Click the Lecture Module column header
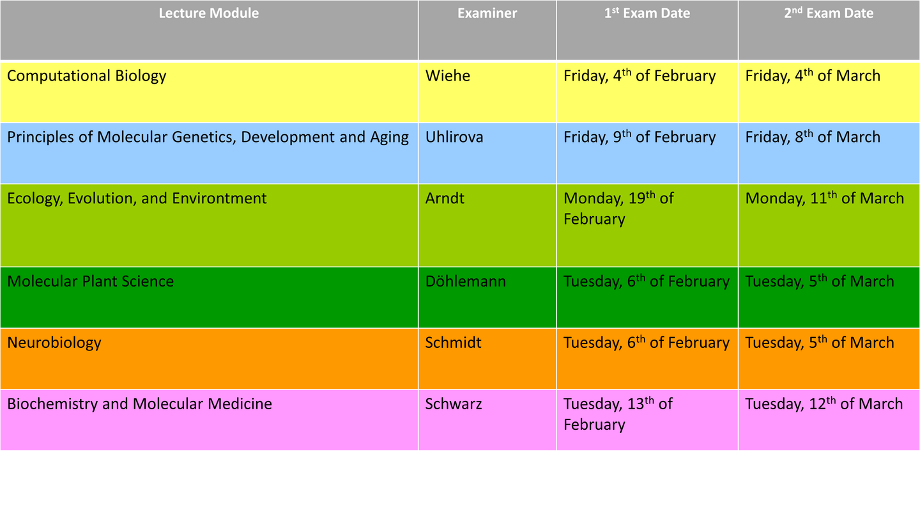(209, 13)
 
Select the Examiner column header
(487, 13)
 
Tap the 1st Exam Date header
(647, 13)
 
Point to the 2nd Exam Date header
(829, 13)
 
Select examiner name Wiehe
(447, 75)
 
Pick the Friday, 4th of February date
(640, 75)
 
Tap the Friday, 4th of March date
(813, 75)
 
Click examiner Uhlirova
(454, 137)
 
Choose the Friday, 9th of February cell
(640, 137)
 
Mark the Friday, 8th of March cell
(813, 137)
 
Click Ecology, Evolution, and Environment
(137, 198)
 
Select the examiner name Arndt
(445, 198)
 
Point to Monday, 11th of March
(825, 198)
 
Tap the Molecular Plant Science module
(90, 281)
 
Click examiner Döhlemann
(465, 281)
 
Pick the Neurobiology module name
(54, 343)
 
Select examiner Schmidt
(453, 343)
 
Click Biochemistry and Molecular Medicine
(140, 404)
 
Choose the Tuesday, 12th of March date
(824, 404)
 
